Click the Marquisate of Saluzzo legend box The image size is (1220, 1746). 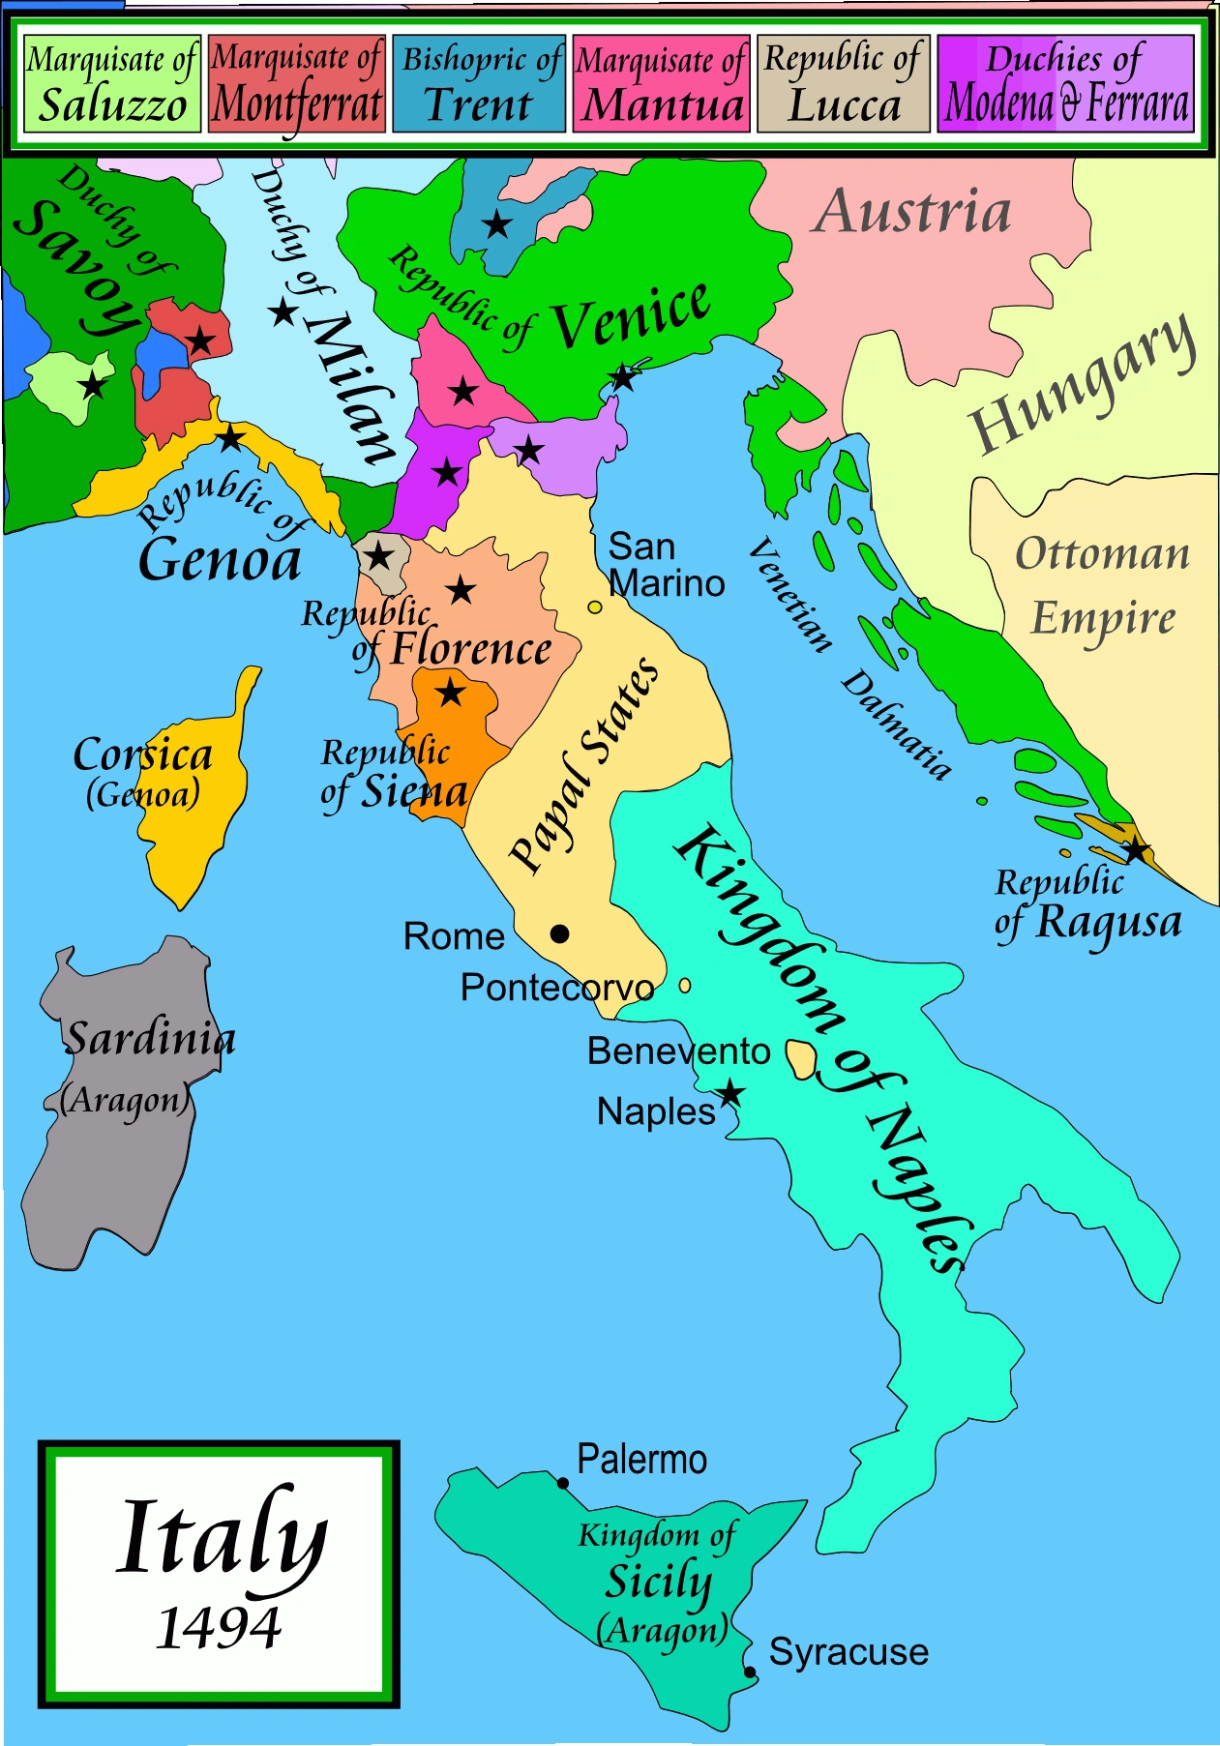coord(110,84)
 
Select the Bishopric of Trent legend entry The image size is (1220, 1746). coord(479,84)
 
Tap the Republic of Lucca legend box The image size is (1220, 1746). coord(844,84)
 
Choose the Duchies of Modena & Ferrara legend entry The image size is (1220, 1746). coord(1065,84)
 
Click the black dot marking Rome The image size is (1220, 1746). coord(559,933)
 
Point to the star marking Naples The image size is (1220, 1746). coord(729,1094)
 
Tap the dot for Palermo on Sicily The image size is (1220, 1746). coord(563,1483)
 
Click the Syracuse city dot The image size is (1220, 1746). coord(750,1672)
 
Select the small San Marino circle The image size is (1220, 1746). coord(595,607)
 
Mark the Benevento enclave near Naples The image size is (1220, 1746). coord(800,1059)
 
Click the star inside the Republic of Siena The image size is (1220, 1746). coord(451,693)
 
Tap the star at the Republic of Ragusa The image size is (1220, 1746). coord(1135,851)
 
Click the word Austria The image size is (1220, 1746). coord(911,212)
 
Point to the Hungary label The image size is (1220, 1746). coord(1082,383)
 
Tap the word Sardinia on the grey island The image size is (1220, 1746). coord(150,1039)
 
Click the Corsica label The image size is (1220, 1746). coord(143,755)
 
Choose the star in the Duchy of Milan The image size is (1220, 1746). coord(283,312)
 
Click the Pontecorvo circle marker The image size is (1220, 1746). coord(685,986)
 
